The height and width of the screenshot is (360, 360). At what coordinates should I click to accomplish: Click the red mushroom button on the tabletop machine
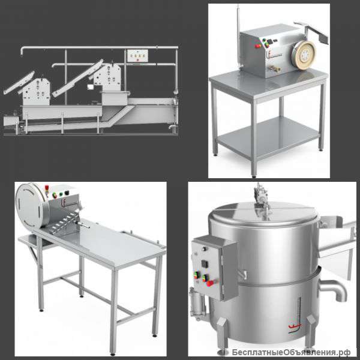[258, 46]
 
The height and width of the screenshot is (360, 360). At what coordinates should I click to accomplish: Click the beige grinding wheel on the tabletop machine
[304, 55]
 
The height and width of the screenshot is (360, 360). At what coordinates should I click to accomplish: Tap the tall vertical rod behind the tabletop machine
[239, 37]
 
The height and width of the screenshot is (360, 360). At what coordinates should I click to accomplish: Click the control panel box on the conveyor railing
[137, 56]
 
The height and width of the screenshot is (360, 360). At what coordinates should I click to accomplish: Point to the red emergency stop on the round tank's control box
[209, 283]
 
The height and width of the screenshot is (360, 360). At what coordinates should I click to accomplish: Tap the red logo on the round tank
[295, 326]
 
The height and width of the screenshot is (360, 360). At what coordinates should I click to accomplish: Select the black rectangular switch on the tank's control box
[205, 264]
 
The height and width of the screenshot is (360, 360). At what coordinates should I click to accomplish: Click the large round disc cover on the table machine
[31, 205]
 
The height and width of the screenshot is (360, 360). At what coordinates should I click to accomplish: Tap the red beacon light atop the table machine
[47, 188]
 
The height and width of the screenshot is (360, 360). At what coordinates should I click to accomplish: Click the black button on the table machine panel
[67, 193]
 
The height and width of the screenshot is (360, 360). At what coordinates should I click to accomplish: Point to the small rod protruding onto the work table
[83, 225]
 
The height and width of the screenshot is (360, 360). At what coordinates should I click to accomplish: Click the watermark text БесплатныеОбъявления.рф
[291, 352]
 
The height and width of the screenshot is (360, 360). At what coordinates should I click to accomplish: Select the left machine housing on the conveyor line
[36, 92]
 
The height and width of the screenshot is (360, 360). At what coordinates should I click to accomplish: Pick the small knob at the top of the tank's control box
[204, 248]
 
